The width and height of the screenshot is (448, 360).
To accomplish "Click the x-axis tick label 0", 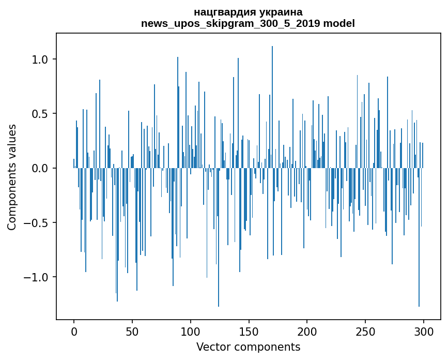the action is [x=74, y=332].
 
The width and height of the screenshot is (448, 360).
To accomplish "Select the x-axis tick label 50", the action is [x=132, y=332].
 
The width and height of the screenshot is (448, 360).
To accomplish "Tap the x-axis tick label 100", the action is [x=190, y=332].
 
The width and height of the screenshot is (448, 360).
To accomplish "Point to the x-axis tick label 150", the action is [x=249, y=332].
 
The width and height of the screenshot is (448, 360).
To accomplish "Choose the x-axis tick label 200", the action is [x=307, y=332].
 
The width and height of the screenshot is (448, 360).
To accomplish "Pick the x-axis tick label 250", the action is [x=365, y=332].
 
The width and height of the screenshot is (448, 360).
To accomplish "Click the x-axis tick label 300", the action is [x=423, y=332].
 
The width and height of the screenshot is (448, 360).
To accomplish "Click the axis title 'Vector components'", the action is [x=248, y=347].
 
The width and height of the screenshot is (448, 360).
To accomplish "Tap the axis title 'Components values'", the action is [x=12, y=177].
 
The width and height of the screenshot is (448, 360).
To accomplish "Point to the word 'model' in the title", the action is [x=339, y=23].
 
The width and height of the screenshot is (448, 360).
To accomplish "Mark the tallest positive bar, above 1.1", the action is [x=272, y=107].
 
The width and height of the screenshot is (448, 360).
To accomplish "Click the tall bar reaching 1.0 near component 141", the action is [x=238, y=113].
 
